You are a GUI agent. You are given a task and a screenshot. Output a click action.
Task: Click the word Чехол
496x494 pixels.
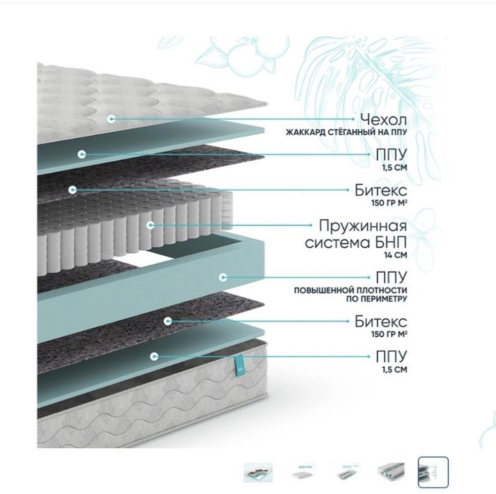pos(383,119)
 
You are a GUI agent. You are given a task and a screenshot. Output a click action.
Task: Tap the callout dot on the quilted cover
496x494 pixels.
pos(111,119)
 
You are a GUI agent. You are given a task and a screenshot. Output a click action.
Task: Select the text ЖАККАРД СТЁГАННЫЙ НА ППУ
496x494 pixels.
pos(346,132)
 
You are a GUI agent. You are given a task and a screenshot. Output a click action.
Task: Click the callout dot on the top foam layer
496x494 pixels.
pos(82,154)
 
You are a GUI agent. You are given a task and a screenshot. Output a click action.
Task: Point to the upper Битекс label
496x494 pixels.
pos(381,190)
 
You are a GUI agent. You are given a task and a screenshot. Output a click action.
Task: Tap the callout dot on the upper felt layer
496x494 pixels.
pos(73,190)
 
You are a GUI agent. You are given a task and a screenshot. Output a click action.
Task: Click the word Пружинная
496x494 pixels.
pos(363,226)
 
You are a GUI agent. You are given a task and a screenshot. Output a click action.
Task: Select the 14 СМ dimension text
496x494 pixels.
pos(395,254)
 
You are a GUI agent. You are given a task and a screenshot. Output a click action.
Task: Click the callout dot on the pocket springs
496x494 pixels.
pos(151,225)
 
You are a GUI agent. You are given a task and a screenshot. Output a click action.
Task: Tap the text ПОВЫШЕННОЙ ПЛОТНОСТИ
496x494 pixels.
pos(351,290)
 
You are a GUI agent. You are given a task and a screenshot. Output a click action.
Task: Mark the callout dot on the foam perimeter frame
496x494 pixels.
pos(223,277)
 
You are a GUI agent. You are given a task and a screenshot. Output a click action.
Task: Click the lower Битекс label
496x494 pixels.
pos(381,322)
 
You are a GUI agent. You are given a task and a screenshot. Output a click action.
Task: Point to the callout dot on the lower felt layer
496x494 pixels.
pos(168,321)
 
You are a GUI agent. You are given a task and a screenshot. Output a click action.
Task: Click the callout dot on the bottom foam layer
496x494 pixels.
pos(154,356)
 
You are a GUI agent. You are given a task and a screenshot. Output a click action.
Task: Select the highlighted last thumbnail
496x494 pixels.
pos(433,472)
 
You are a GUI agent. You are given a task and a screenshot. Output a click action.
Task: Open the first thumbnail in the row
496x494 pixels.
pos(258,472)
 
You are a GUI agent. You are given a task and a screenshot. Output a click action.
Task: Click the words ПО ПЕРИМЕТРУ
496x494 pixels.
pos(377,299)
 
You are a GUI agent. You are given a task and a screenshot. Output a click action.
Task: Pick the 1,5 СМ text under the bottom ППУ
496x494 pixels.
pos(394,370)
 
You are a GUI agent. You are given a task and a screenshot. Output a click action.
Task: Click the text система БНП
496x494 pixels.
pos(356,242)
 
